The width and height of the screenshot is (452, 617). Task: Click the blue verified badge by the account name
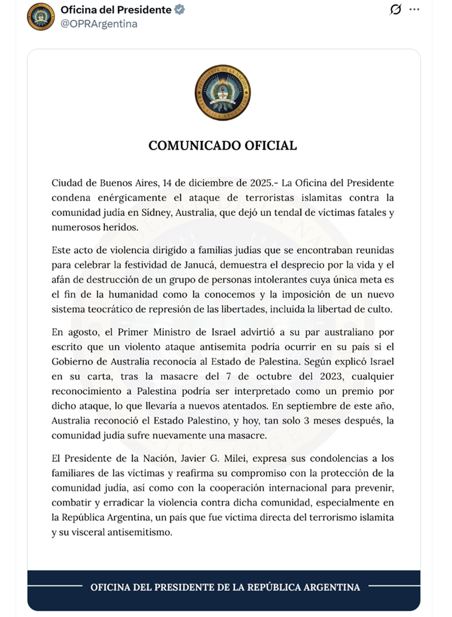coord(179,10)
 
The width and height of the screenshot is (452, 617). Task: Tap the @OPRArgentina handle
coord(99,24)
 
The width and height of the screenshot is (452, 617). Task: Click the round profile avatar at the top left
coord(41,17)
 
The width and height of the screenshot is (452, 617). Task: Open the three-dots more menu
coord(414,10)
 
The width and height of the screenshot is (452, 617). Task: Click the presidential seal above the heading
coord(222,93)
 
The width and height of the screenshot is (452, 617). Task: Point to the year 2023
coord(331,377)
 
